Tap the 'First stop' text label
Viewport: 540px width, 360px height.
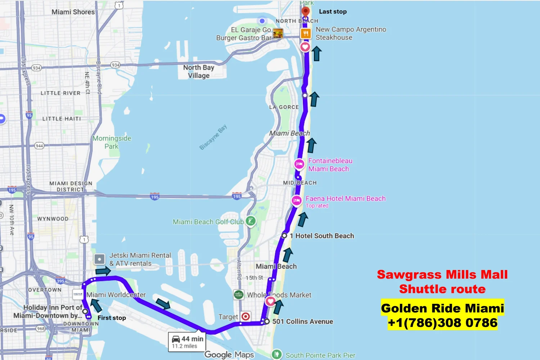pos(112,318)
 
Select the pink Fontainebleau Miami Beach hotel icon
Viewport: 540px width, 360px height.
pos(299,164)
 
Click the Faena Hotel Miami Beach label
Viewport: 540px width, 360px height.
pos(345,198)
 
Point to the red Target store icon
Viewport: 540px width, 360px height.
pos(246,316)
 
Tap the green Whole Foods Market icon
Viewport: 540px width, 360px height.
pos(238,295)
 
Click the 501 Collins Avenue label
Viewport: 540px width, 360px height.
pos(302,321)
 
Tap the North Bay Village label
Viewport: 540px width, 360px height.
pos(198,71)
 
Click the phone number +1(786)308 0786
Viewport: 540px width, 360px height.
pos(442,323)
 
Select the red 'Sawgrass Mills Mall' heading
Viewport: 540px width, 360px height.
pos(442,275)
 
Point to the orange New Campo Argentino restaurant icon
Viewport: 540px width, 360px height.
pos(306,33)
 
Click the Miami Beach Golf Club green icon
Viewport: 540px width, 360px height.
pos(251,221)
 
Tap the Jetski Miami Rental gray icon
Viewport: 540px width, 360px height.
pos(99,259)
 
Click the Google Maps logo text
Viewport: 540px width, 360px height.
pos(229,355)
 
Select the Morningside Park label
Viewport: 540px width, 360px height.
pos(112,142)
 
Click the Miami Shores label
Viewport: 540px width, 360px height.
pos(73,12)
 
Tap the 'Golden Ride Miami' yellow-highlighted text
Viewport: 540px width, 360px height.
pos(442,308)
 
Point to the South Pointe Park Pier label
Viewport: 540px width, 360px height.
pos(320,355)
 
